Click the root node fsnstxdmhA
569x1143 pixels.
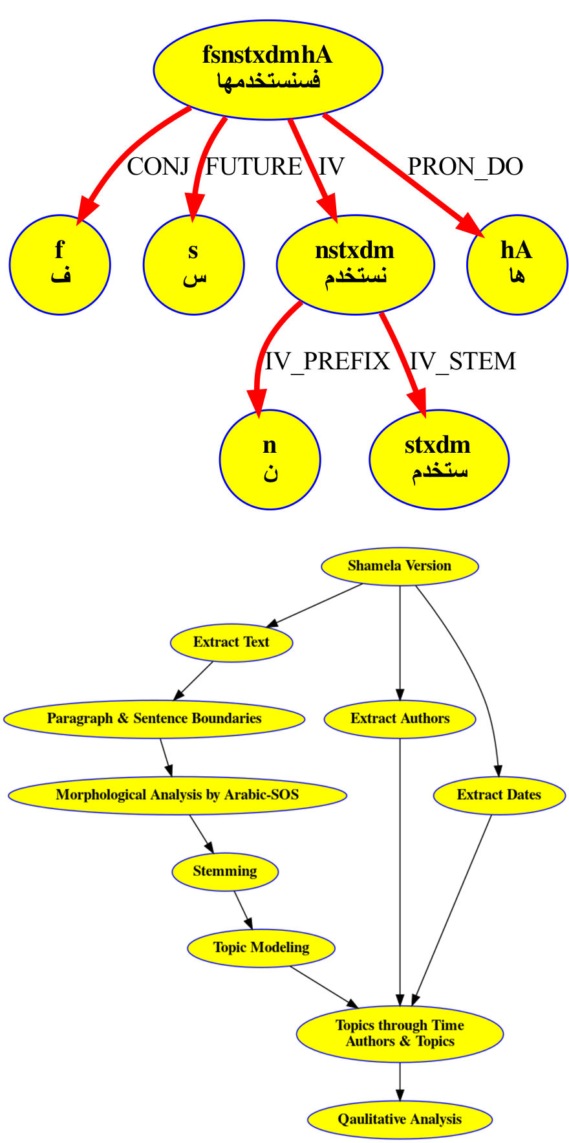click(268, 69)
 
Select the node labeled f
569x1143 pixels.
click(59, 264)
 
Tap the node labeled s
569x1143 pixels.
click(193, 264)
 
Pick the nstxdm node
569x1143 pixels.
click(355, 264)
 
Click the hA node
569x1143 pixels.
click(517, 264)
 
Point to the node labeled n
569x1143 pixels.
click(270, 459)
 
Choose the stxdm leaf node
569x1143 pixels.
click(438, 459)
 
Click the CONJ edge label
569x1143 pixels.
click(158, 167)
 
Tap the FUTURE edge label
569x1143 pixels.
click(253, 167)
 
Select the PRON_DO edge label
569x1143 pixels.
click(465, 167)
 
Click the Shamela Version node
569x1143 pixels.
click(400, 566)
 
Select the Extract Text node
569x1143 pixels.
click(231, 642)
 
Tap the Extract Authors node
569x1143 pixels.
click(400, 719)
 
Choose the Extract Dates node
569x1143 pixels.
click(499, 795)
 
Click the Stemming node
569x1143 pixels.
click(225, 871)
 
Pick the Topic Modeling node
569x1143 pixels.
click(261, 948)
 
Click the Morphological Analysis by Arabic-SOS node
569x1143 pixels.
click(177, 795)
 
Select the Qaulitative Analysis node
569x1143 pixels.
click(400, 1120)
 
